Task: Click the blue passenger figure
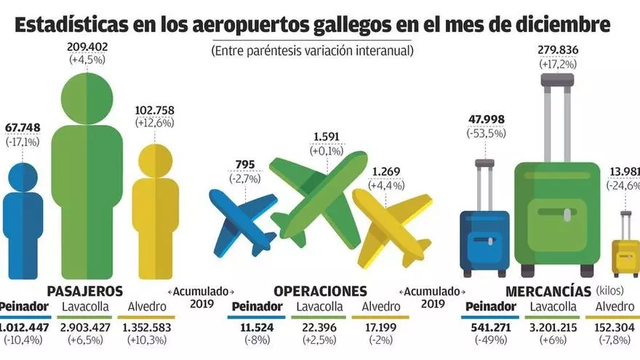pyautogui.click(x=22, y=225)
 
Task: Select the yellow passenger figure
pyautogui.click(x=154, y=211)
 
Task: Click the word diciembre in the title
pyautogui.click(x=564, y=25)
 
